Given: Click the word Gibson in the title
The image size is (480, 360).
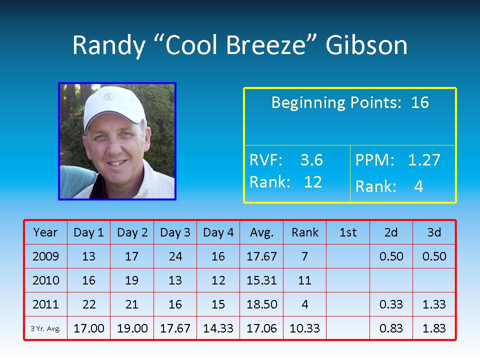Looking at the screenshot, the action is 366,45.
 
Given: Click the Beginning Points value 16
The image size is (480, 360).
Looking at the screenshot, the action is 419,102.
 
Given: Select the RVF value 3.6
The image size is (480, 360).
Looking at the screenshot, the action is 311,160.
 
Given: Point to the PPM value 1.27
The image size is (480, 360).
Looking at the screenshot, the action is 424,160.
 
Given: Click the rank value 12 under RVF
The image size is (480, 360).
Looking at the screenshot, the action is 312,182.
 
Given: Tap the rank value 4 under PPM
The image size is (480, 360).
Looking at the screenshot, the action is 418,186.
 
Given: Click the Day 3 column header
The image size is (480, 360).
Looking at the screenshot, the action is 175,232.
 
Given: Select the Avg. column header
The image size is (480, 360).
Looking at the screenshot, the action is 261,232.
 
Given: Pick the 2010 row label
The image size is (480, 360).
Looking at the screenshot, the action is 45,280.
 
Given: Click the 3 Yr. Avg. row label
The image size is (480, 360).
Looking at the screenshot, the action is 45,328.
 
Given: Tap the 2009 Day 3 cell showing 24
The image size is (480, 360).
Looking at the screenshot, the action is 175,256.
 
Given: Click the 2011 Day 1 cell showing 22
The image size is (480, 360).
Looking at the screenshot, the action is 89,304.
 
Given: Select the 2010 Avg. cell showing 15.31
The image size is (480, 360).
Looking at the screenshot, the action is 261,280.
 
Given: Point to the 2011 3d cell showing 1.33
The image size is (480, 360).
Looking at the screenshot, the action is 434,304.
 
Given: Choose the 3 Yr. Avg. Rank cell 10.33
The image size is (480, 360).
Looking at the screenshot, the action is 304,328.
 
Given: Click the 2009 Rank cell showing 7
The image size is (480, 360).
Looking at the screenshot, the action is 304,256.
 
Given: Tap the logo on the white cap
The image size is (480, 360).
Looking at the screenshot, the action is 108,96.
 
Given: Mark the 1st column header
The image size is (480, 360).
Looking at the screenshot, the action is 348,232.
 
